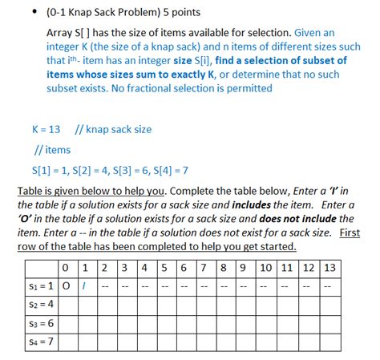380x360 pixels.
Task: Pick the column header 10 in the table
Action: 265,267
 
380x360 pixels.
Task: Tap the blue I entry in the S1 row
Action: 85,285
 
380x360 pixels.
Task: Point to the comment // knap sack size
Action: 112,129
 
